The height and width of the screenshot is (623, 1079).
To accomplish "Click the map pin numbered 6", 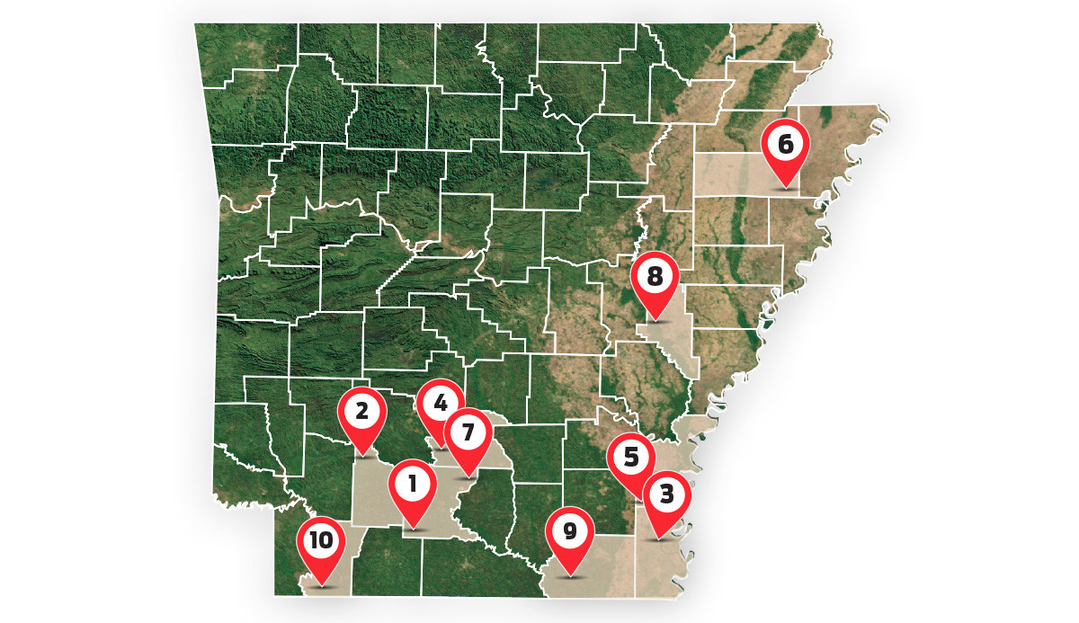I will pyautogui.click(x=786, y=144).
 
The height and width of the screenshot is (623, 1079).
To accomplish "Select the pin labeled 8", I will pyautogui.click(x=655, y=277).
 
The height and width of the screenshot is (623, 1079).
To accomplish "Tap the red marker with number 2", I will pyautogui.click(x=361, y=413).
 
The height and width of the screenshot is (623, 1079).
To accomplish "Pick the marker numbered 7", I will pyautogui.click(x=468, y=433).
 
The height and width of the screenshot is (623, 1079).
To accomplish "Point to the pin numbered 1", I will pyautogui.click(x=413, y=486).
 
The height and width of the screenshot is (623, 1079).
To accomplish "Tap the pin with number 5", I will pyautogui.click(x=631, y=458).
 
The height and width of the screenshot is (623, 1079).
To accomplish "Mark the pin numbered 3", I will pyautogui.click(x=666, y=494).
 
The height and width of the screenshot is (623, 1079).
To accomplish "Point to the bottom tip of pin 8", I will pyautogui.click(x=655, y=321).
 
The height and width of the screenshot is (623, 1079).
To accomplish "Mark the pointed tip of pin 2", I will pyautogui.click(x=362, y=455).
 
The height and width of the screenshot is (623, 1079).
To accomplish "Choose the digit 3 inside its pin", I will pyautogui.click(x=666, y=494).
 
